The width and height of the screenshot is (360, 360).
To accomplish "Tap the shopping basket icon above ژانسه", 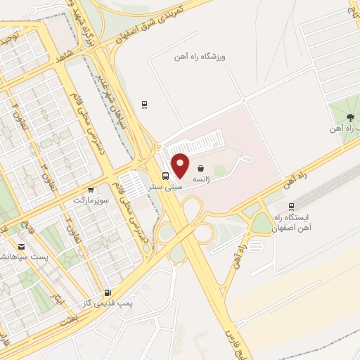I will [202, 169].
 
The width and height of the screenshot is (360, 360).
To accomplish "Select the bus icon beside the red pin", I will [165, 176].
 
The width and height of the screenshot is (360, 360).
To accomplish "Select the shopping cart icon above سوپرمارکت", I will [91, 189].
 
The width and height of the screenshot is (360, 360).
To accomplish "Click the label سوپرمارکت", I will [90, 200].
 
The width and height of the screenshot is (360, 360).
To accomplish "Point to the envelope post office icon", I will [22, 247].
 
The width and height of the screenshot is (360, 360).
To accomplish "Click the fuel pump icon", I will [107, 292].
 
